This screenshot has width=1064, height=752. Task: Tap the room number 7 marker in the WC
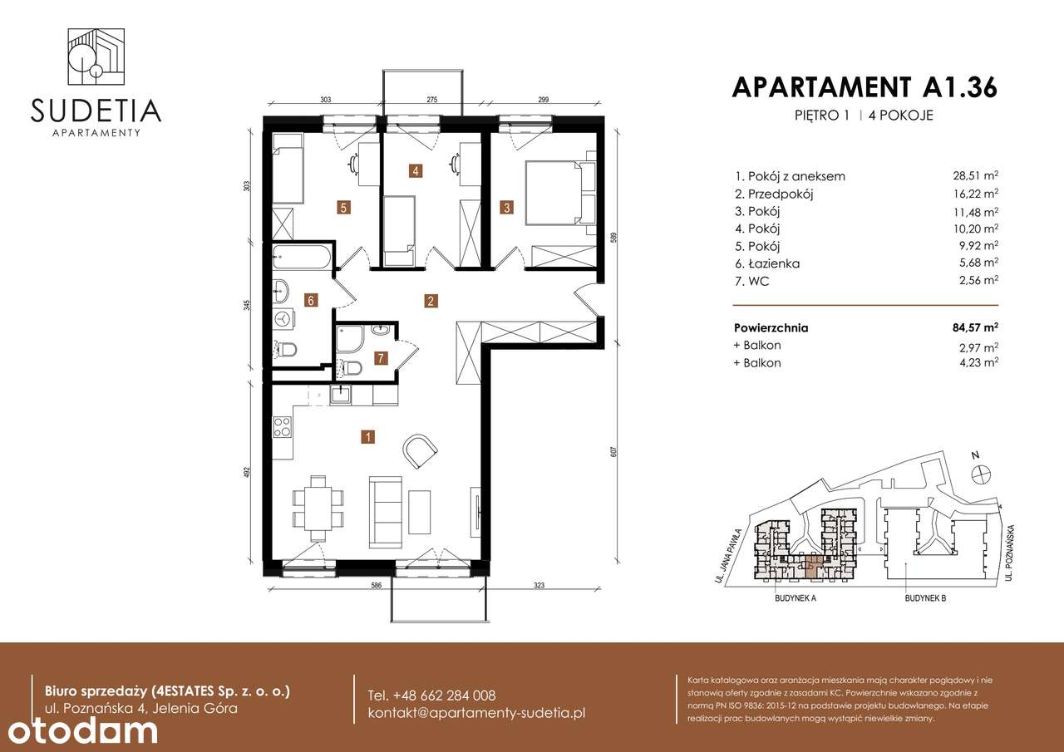click(x=381, y=359)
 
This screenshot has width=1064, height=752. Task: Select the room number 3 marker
click(x=505, y=207)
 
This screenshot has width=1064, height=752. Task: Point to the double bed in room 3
click(x=554, y=192)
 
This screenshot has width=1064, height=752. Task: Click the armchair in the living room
click(x=420, y=450)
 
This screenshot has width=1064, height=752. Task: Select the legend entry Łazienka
click(x=766, y=263)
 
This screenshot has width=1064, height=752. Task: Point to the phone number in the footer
click(x=431, y=695)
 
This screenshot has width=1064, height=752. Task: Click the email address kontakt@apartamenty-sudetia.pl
click(x=477, y=713)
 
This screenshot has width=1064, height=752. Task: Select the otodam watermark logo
click(x=79, y=730)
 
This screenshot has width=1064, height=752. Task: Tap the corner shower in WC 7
click(x=348, y=338)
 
